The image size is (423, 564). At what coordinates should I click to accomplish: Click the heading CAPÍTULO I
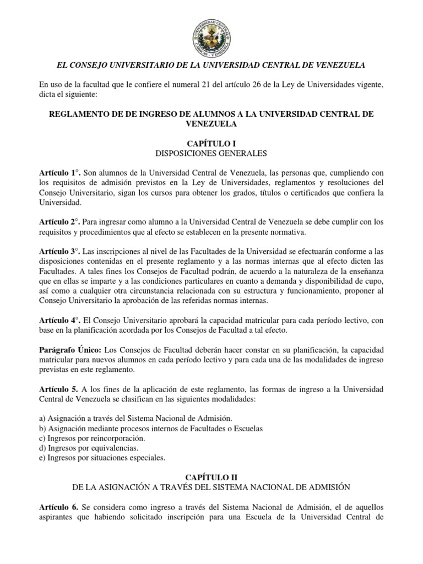tap(211, 142)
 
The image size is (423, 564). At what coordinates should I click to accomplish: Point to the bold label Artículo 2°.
tap(58, 222)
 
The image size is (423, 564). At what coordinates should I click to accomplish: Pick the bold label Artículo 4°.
tap(58, 320)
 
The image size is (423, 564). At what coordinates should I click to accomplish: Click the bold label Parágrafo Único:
tap(68, 350)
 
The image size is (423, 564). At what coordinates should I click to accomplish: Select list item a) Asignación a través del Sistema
tap(136, 419)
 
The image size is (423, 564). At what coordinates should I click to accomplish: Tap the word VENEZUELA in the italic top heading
tap(338, 65)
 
